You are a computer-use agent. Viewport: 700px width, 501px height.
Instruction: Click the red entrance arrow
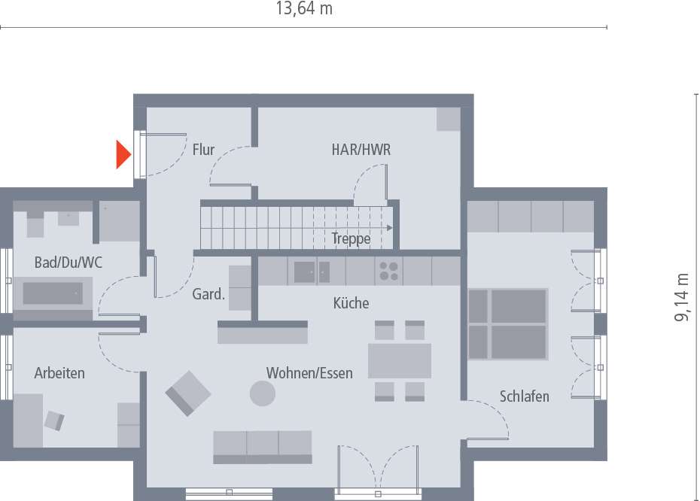123,154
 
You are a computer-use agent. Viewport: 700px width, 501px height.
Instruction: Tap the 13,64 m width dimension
304,10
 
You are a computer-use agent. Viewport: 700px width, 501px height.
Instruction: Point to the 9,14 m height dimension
682,297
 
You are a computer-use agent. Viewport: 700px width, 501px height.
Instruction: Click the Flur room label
203,150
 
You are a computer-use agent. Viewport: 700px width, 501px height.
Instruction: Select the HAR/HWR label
361,150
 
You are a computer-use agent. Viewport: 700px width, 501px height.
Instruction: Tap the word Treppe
351,239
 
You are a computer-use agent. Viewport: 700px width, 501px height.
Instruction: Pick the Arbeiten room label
59,373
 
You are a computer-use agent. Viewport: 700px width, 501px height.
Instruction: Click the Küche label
351,303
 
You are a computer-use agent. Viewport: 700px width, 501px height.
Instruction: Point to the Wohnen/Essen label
309,373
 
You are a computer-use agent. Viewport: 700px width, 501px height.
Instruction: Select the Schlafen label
524,396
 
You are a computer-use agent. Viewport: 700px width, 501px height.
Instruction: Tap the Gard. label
208,295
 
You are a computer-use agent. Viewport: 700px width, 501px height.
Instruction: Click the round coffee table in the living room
263,393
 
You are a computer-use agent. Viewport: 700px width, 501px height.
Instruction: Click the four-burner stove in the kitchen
388,271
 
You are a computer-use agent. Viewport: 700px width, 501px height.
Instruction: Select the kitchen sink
305,271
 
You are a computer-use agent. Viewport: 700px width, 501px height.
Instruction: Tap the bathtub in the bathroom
53,293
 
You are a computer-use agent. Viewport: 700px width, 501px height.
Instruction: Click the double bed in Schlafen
508,323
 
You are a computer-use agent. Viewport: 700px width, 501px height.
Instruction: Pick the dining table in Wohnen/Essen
399,360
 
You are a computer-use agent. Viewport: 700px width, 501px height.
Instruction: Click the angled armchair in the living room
188,392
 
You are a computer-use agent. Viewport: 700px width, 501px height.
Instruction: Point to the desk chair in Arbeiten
55,420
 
